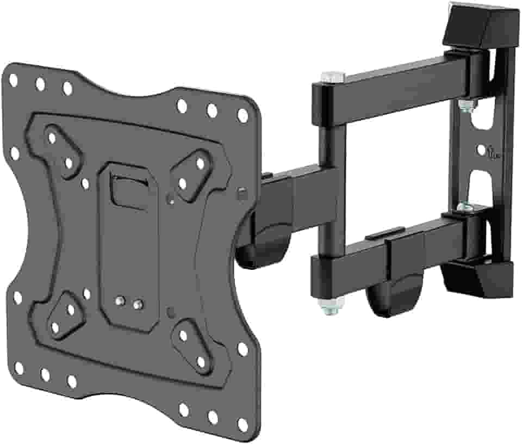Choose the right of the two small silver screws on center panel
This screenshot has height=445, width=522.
coord(139,303)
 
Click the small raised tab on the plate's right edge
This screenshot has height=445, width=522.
coord(241,193)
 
